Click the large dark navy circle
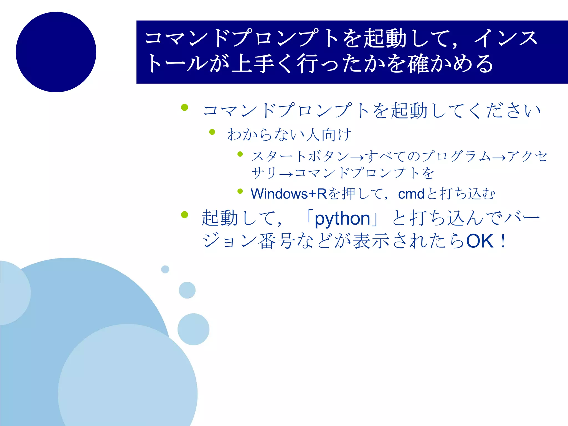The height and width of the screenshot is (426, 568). point(56,52)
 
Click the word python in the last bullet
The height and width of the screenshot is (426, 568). point(342,219)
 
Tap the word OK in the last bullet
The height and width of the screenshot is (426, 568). point(480,241)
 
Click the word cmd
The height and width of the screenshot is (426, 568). point(411,194)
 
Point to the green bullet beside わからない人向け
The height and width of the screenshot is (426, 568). point(212,132)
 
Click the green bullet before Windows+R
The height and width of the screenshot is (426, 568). point(240,191)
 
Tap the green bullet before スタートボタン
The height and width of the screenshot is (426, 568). point(240,154)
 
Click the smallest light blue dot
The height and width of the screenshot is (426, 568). point(165,269)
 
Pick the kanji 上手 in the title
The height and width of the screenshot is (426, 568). point(252,64)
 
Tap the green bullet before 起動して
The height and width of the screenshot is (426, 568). point(184,215)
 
